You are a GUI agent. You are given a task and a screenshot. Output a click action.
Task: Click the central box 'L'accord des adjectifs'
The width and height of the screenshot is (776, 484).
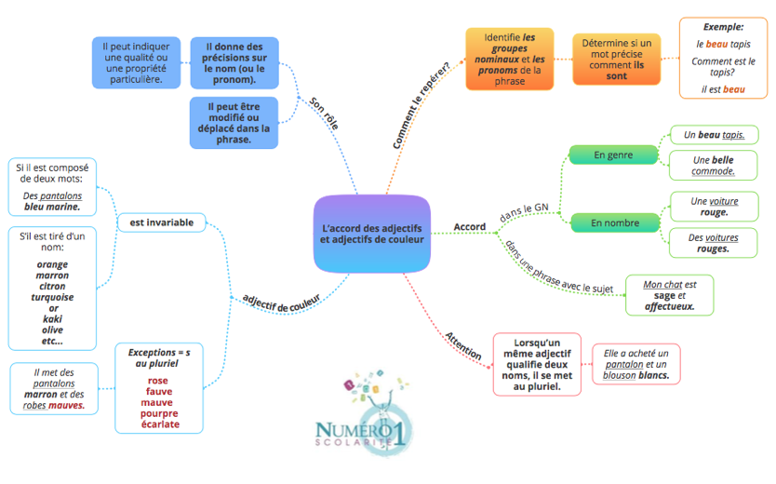371,234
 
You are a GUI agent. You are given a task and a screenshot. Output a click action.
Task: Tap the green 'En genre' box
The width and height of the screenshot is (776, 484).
613,155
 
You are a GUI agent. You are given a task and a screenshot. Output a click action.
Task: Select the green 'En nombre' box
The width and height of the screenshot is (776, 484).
615,223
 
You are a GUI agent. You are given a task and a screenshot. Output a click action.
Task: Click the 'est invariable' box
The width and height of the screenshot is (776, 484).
161,222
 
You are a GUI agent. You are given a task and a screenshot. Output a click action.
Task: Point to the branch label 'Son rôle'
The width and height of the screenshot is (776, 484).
324,114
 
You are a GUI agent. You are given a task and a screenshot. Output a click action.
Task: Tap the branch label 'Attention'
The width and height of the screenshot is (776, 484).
462,345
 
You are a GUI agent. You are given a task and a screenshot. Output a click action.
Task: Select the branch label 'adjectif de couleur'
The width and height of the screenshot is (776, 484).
281,302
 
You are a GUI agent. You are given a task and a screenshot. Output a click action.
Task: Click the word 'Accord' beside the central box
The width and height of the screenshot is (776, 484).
470,227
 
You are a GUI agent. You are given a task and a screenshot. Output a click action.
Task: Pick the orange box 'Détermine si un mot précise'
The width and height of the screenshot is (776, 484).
617,60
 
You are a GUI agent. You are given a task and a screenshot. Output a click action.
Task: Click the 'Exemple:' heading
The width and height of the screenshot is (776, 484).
723,27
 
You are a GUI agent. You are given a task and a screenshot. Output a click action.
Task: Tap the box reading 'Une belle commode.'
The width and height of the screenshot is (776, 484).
713,166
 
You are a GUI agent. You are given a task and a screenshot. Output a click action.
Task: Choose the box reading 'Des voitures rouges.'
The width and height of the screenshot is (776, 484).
713,243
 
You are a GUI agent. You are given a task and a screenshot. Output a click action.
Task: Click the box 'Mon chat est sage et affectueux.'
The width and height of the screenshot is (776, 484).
670,295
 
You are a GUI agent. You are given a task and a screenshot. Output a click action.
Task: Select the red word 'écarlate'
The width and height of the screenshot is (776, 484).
160,424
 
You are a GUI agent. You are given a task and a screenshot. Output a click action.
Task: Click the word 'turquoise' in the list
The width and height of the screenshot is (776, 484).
52,297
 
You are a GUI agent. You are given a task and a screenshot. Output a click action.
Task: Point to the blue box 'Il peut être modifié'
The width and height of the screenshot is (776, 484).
234,123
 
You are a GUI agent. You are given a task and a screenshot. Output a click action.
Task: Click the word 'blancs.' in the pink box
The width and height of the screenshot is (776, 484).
654,375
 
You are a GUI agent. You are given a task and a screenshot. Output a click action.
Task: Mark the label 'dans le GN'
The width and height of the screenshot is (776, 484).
524,213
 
